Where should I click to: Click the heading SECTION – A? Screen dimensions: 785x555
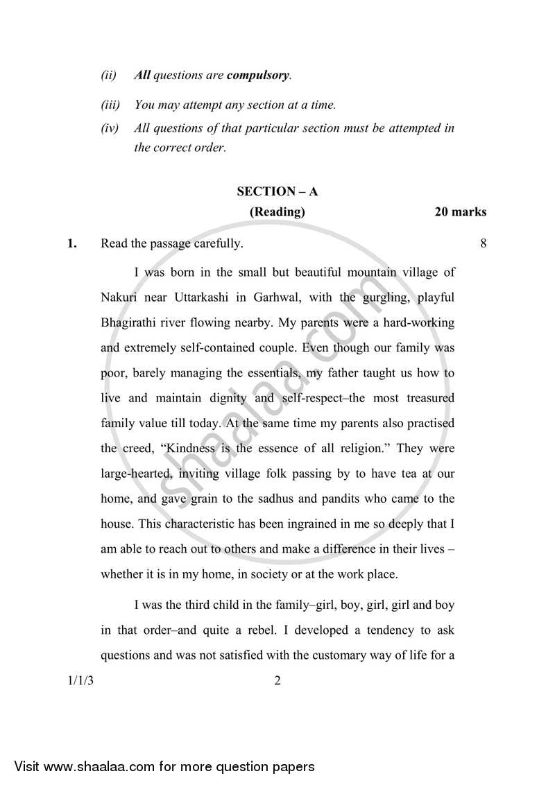pyautogui.click(x=277, y=191)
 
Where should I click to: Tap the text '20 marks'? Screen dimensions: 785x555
pyautogui.click(x=460, y=212)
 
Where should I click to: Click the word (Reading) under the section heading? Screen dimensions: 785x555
pyautogui.click(x=277, y=212)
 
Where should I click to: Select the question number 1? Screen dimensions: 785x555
pyautogui.click(x=71, y=243)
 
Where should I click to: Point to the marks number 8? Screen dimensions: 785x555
pyautogui.click(x=482, y=243)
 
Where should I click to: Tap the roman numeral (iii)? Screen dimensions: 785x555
pyautogui.click(x=110, y=105)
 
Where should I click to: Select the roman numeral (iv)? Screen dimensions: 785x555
pyautogui.click(x=110, y=128)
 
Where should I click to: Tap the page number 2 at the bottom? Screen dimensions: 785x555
pyautogui.click(x=277, y=681)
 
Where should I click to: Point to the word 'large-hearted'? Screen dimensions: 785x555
pyautogui.click(x=136, y=473)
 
